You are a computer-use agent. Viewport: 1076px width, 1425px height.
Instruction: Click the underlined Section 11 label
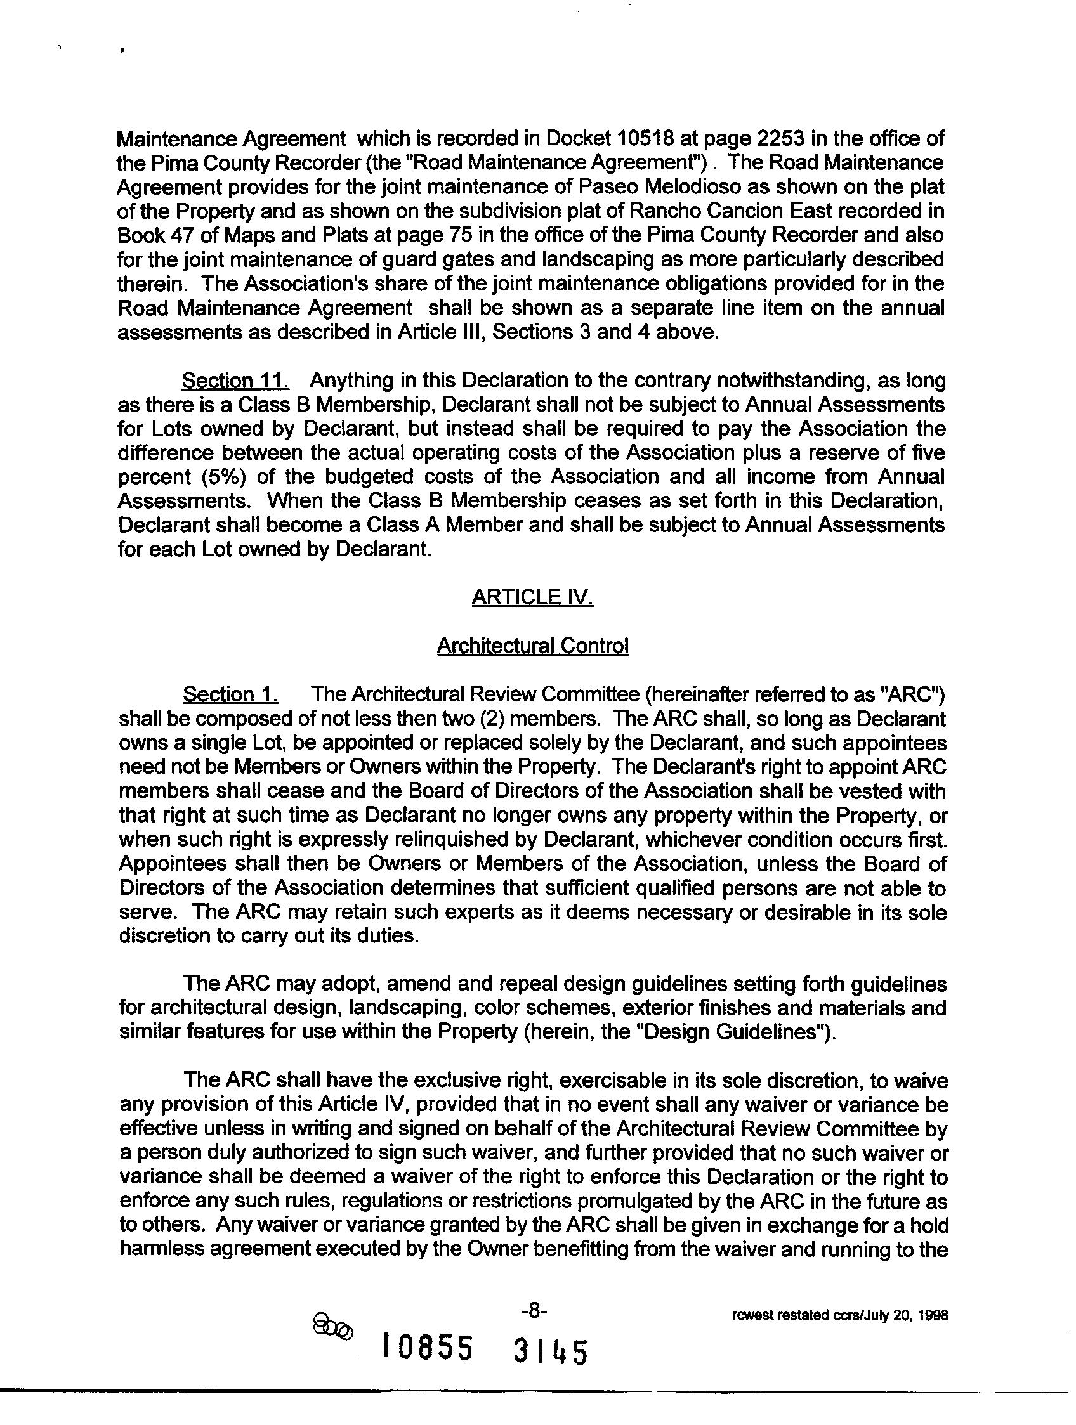pos(235,381)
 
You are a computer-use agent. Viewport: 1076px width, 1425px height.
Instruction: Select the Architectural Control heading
pos(532,646)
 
